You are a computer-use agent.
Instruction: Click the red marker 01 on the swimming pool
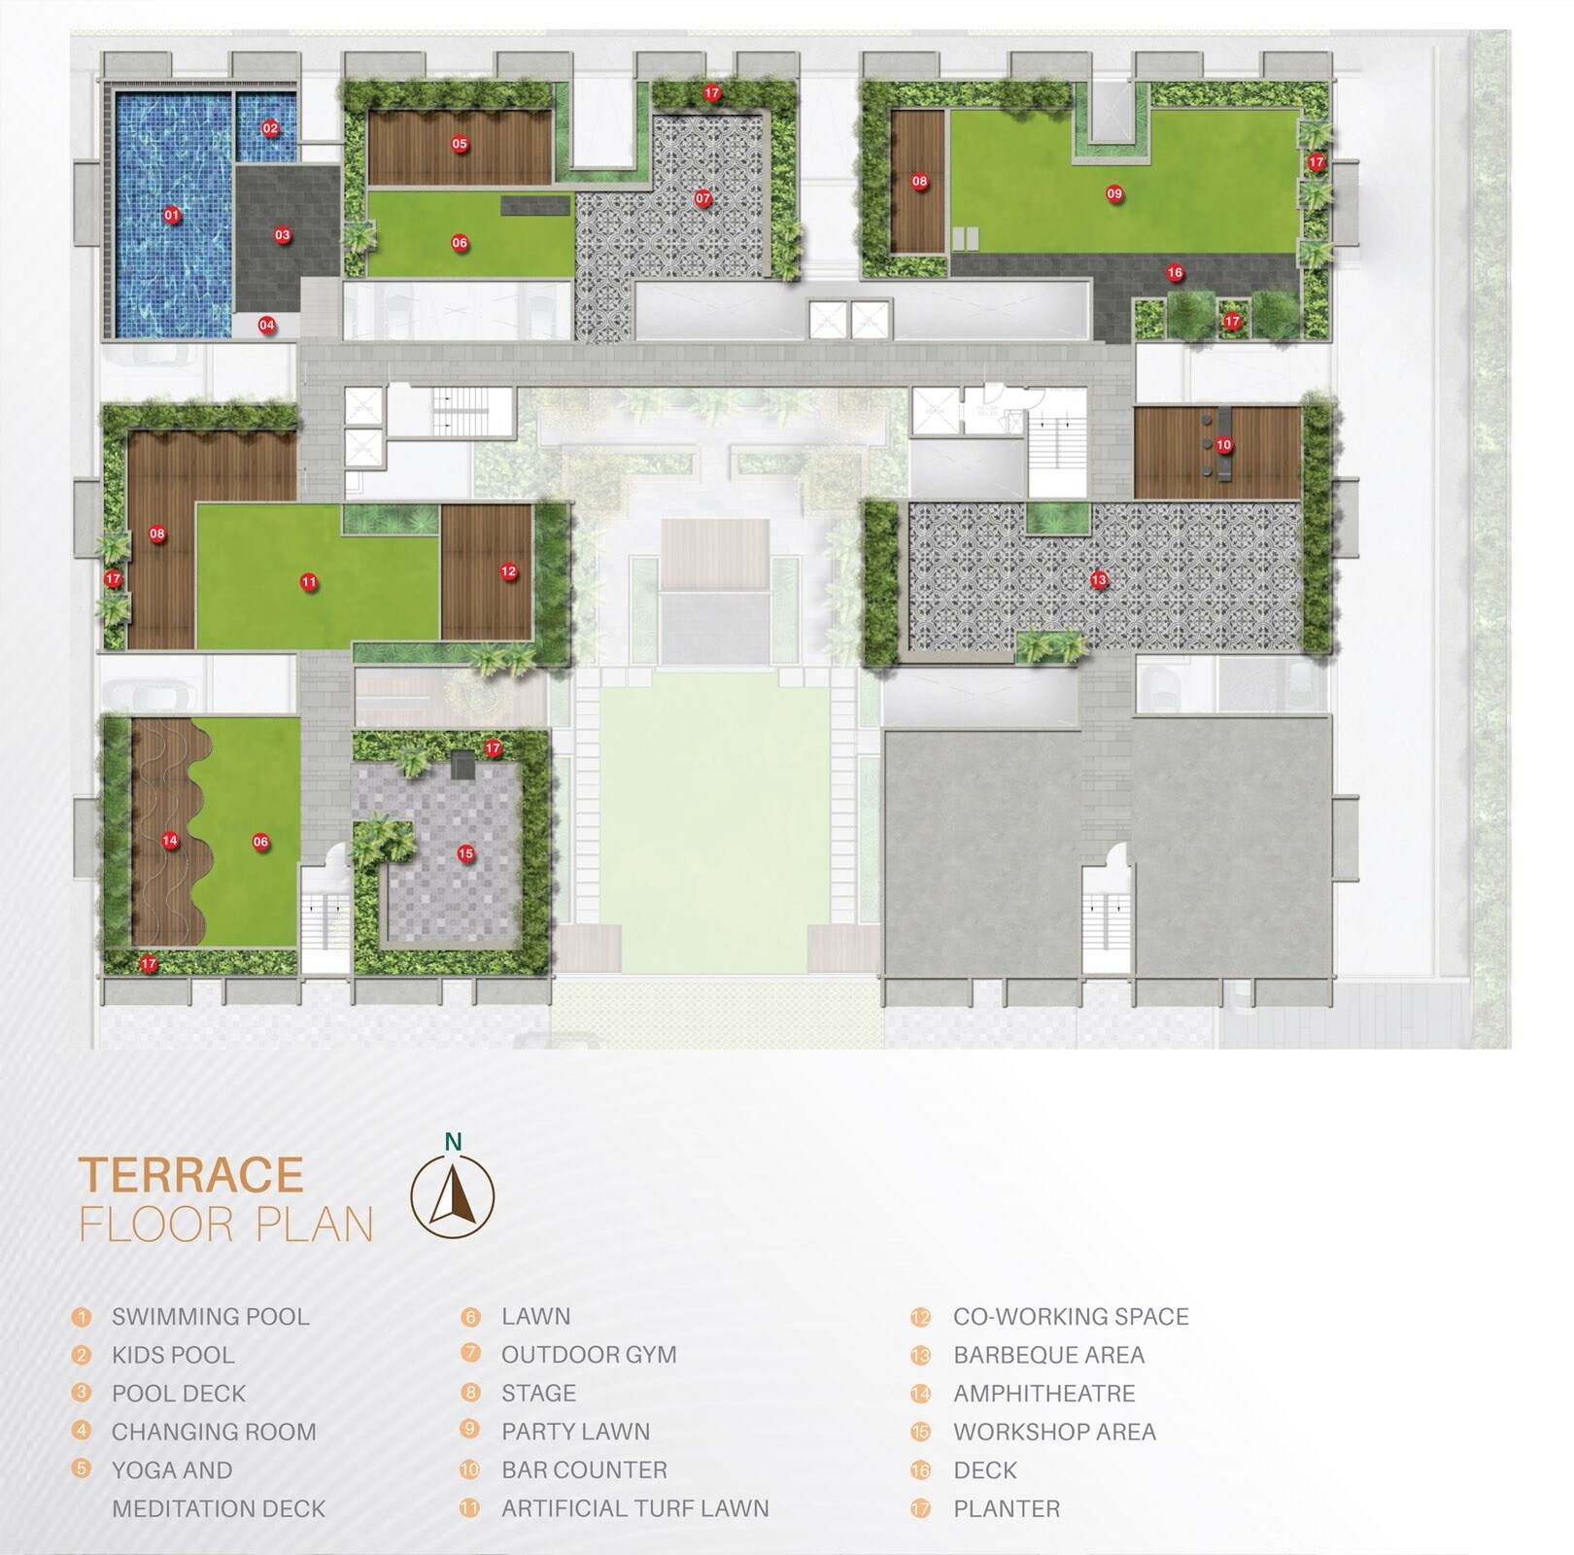point(172,215)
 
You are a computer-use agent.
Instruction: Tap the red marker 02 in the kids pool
point(270,128)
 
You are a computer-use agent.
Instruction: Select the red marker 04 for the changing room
point(266,325)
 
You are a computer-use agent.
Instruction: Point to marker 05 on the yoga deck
point(460,144)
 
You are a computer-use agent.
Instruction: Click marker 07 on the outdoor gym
point(702,198)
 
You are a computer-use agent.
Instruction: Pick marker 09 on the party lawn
point(1114,193)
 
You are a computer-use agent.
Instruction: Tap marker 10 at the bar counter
point(1223,445)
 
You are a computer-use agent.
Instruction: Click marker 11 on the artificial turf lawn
point(309,582)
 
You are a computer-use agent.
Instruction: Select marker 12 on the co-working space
point(508,571)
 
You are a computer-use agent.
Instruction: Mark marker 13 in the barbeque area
point(1098,579)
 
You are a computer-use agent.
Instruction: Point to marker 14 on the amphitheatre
point(170,841)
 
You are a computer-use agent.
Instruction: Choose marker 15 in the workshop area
point(465,853)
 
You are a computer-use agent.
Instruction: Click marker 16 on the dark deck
point(1175,273)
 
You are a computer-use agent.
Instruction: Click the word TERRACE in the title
point(191,1174)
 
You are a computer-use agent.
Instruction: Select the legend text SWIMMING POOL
point(210,1317)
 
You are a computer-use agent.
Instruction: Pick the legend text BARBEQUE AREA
point(1048,1355)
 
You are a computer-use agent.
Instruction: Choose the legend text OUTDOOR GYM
point(589,1355)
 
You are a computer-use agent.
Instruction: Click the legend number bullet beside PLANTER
point(920,1509)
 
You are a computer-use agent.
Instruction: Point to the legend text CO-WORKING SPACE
point(1071,1317)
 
